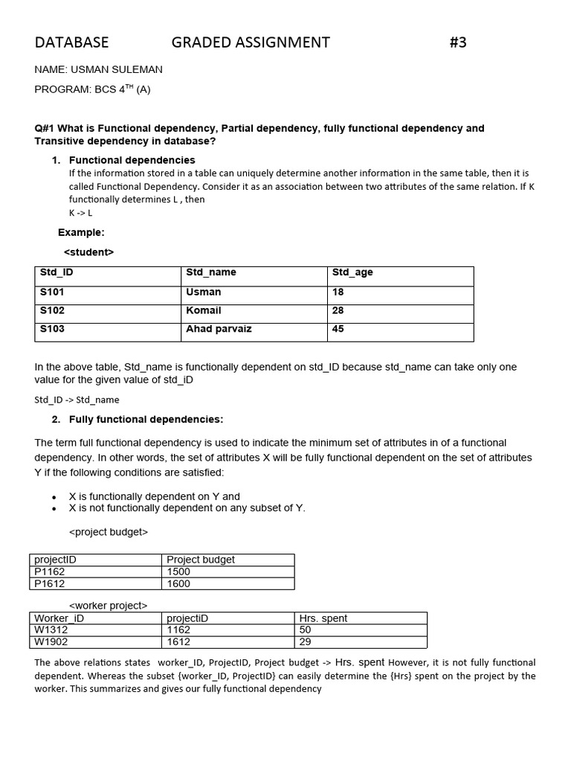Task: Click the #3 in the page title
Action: [x=458, y=42]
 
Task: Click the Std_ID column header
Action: [x=57, y=272]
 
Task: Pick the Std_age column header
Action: [x=352, y=272]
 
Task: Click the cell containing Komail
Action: [x=203, y=310]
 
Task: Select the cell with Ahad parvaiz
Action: [x=219, y=329]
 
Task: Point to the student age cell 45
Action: [x=338, y=329]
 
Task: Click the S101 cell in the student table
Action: [x=52, y=292]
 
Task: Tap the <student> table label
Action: [x=88, y=252]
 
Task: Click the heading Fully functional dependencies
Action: [x=146, y=420]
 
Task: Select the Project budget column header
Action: [x=201, y=560]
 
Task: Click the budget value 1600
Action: [x=178, y=584]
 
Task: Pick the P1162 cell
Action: [x=51, y=571]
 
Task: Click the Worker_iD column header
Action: [x=59, y=618]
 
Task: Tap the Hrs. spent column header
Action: [x=323, y=618]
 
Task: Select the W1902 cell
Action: [x=51, y=641]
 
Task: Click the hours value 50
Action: [x=305, y=630]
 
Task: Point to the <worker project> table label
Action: [x=108, y=606]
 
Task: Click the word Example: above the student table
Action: [x=81, y=232]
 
